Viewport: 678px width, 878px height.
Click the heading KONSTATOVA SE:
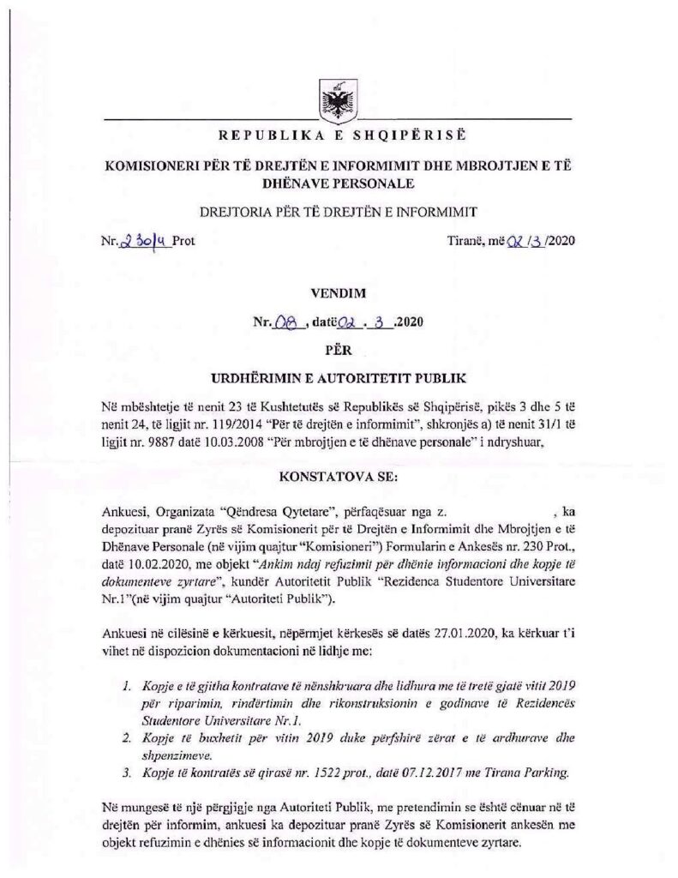click(x=339, y=472)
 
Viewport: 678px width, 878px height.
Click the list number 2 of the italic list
click(x=126, y=737)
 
